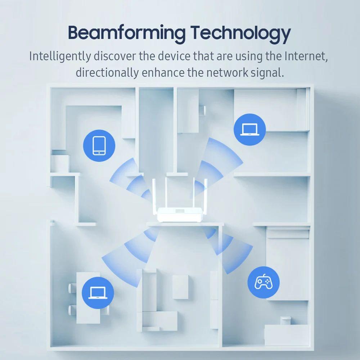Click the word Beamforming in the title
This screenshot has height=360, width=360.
point(126,33)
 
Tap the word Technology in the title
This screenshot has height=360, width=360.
point(240,33)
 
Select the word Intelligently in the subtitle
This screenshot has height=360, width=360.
point(59,57)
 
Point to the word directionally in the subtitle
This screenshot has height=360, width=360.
point(107,73)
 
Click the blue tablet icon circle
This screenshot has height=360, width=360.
point(99,145)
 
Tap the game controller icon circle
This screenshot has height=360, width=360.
point(264,282)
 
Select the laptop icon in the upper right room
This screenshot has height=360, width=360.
point(249,129)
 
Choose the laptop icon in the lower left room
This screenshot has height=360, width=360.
point(98,293)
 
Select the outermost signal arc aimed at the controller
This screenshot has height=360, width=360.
point(238,257)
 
